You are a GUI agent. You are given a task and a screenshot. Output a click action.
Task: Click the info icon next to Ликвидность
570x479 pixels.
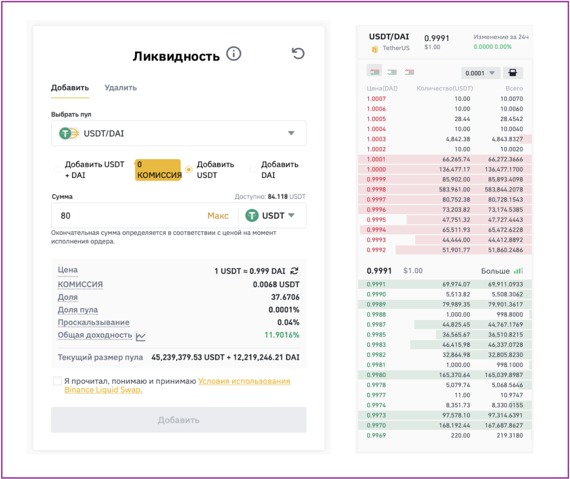tap(234, 54)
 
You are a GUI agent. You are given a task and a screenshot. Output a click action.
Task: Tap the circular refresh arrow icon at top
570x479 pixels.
tap(298, 53)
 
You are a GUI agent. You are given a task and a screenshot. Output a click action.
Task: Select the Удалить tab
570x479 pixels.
tap(121, 87)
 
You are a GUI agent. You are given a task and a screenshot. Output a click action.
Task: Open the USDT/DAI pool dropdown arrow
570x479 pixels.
tap(291, 133)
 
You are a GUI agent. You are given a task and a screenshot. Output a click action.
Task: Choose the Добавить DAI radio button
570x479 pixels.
tap(253, 170)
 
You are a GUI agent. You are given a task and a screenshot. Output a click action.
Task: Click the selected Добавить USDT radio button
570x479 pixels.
tap(189, 170)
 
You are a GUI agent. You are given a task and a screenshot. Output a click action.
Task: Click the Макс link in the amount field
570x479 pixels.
tap(218, 215)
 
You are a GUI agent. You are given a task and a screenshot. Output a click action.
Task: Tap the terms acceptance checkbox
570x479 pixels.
tap(57, 381)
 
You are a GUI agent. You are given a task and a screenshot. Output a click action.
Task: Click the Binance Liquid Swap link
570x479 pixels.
tap(103, 390)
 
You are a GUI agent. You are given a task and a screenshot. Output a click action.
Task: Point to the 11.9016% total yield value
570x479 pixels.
tap(282, 335)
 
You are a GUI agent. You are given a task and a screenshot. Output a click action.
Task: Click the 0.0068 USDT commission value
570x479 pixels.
tap(276, 284)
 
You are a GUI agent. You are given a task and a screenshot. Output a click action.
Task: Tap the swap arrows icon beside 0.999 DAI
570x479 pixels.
tap(294, 271)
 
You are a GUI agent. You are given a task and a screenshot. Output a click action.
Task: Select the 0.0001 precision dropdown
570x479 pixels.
tap(480, 73)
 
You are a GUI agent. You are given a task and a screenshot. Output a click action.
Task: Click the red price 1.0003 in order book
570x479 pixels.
tap(376, 139)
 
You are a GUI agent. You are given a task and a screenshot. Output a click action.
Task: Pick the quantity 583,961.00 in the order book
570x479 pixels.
tap(455, 189)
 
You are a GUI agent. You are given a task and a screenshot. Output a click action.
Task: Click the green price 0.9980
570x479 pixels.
tap(376, 374)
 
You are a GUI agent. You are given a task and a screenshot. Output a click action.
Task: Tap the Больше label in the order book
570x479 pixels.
tap(495, 271)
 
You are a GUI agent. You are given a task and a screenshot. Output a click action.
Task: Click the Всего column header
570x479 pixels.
tap(514, 88)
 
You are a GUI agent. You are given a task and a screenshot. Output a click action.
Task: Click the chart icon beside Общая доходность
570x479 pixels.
tap(141, 336)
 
